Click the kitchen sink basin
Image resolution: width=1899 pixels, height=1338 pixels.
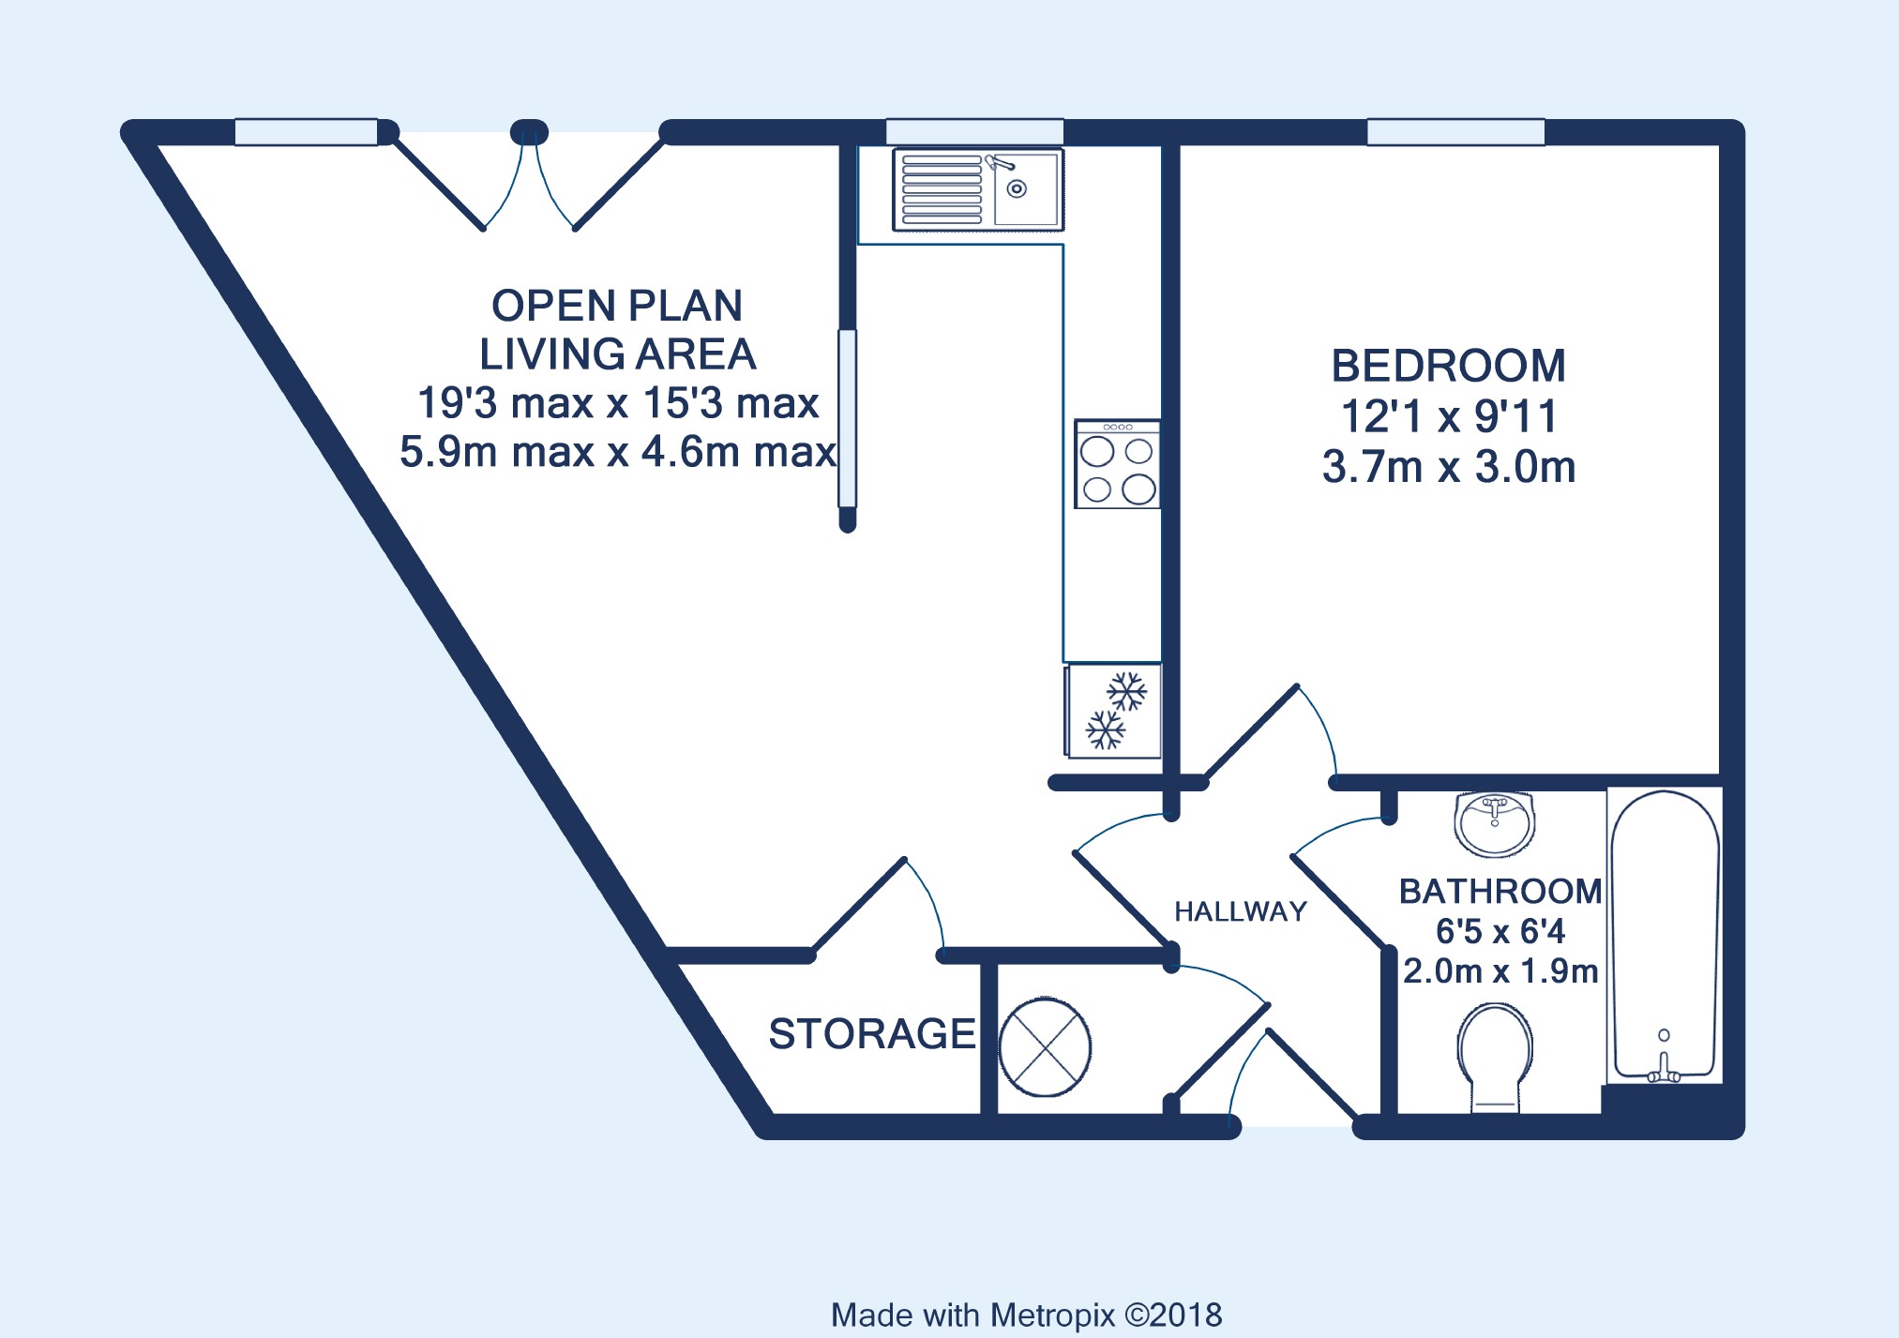[1025, 189]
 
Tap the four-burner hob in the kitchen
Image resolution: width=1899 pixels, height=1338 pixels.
[1117, 464]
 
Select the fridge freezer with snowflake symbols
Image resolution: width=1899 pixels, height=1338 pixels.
[1114, 711]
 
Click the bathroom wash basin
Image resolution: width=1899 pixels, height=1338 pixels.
[1495, 824]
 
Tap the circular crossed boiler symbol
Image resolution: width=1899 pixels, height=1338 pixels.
[1045, 1046]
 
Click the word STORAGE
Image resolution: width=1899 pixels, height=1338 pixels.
[872, 1034]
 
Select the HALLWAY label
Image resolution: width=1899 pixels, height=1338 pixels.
[1241, 911]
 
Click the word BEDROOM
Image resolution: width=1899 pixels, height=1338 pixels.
[1449, 367]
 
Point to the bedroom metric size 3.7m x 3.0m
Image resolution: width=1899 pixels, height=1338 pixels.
[1449, 467]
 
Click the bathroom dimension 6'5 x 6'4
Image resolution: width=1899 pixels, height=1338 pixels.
[1500, 931]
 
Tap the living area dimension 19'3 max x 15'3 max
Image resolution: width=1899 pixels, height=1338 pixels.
[618, 403]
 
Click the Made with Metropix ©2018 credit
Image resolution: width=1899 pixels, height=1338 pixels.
[1027, 1315]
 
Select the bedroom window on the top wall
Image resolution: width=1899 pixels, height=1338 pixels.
[1455, 132]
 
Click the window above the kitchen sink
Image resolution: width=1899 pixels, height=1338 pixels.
[974, 132]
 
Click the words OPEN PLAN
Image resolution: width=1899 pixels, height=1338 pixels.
[617, 306]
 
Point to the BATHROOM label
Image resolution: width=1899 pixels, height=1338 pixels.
[1500, 892]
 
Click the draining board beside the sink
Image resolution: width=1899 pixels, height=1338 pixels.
[942, 189]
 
